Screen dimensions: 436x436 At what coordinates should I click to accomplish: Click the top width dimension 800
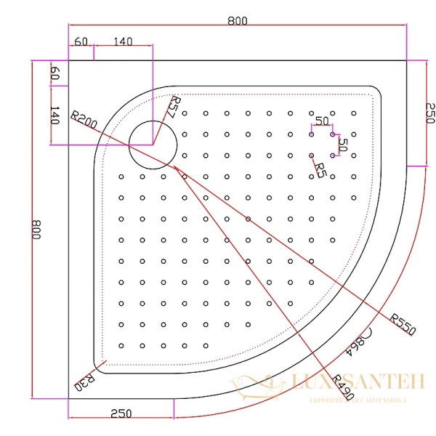[237, 21]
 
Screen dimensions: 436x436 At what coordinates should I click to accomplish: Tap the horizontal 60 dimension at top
[80, 42]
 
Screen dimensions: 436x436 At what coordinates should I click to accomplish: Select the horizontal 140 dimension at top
[123, 42]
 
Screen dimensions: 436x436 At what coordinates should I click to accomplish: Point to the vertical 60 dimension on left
[54, 73]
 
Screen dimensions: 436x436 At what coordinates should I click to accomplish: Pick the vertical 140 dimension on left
[54, 115]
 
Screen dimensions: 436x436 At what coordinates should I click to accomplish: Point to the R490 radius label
[341, 389]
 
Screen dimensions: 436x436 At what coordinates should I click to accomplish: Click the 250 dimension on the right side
[428, 113]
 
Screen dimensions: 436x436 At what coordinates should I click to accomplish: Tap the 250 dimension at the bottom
[121, 413]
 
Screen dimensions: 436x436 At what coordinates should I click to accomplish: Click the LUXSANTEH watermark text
[349, 382]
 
